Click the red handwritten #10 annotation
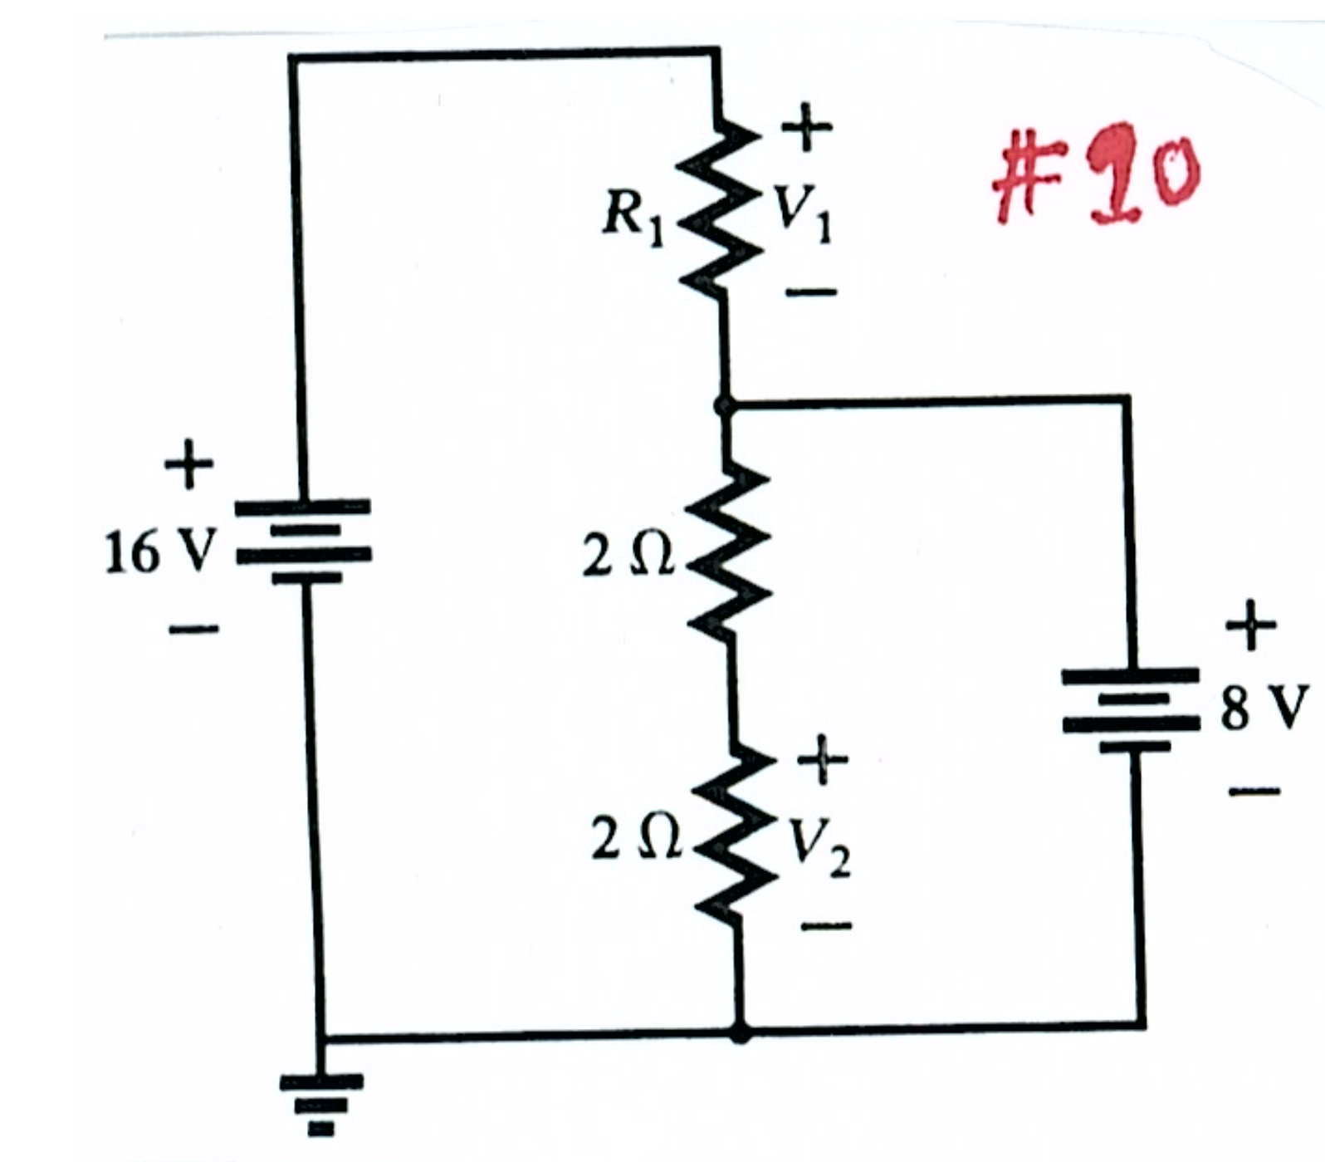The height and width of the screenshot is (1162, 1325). click(1097, 174)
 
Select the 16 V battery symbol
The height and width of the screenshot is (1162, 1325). click(304, 541)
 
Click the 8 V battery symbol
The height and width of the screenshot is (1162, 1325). click(1131, 710)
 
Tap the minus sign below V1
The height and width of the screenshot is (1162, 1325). click(812, 292)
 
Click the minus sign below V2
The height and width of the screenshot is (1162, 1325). click(826, 924)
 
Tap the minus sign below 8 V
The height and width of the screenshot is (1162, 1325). click(1255, 792)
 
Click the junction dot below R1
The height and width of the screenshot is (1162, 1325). click(724, 406)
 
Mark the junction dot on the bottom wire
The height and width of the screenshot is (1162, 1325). click(740, 1032)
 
